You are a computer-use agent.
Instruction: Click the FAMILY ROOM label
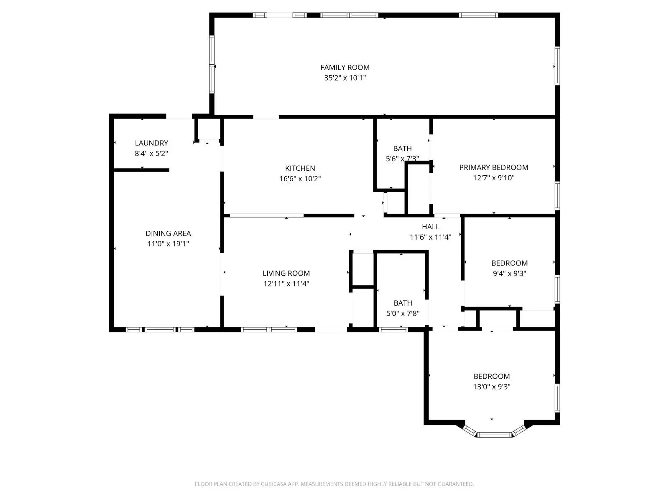[345, 67]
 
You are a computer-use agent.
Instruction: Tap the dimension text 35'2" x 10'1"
[345, 78]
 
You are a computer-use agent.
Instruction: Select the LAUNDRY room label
[151, 143]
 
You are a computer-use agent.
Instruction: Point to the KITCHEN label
[300, 168]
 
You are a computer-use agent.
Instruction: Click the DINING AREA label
[168, 233]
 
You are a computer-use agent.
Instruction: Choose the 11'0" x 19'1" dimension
[168, 244]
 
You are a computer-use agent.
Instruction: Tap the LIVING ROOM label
[286, 273]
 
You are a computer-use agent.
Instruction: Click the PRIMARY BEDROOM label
[493, 167]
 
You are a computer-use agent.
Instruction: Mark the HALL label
[430, 227]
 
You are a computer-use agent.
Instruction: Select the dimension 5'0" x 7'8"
[403, 314]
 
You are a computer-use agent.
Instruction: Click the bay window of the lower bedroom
[494, 434]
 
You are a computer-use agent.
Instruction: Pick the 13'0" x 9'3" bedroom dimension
[492, 387]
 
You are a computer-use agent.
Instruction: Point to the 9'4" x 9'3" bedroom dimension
[509, 273]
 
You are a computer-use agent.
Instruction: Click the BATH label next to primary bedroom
[402, 148]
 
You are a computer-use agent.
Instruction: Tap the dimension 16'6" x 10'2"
[300, 179]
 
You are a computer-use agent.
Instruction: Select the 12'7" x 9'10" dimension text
[493, 178]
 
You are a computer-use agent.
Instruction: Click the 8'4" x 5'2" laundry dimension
[151, 153]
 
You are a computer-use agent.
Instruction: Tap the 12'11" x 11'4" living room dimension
[286, 284]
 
